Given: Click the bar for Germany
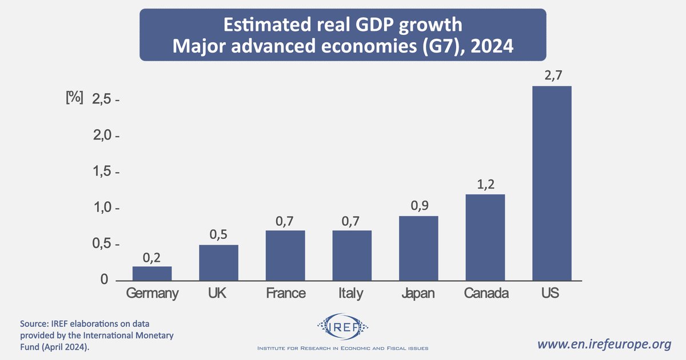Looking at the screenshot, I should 152,273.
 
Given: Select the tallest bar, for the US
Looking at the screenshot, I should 552,183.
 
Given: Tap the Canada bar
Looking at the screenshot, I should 485,237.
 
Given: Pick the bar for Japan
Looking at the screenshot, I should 418,248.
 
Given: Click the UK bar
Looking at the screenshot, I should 218,262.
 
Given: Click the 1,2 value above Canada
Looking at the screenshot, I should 485,184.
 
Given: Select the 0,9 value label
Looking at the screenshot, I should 418,206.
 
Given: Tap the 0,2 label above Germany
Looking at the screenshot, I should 152,257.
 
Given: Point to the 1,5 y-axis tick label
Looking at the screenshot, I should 103,172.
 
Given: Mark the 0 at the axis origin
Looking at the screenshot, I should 104,279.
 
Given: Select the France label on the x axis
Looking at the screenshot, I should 286,294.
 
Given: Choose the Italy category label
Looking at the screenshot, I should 351,294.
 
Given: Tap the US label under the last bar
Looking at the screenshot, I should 551,294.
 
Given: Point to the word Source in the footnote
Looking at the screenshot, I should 34,323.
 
